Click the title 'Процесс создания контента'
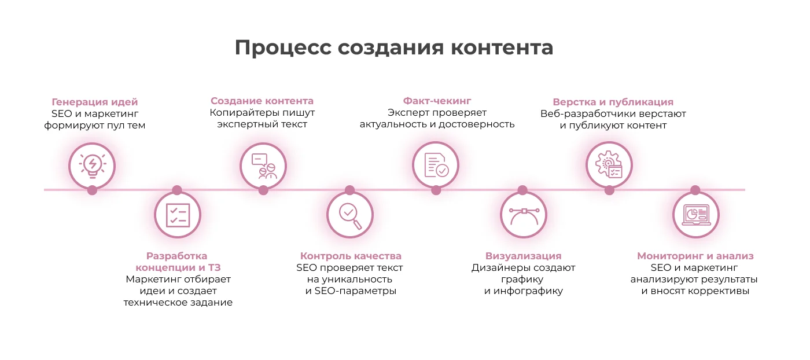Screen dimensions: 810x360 394,48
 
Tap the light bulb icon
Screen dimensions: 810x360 93,166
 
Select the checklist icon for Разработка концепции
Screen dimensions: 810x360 178,215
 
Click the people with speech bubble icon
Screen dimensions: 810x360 264,166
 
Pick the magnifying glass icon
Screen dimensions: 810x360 350,216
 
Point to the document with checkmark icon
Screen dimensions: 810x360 436,166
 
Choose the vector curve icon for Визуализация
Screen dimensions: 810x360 524,216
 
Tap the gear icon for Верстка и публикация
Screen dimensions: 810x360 609,164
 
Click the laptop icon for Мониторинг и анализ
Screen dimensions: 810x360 696,215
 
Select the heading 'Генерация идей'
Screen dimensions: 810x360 95,102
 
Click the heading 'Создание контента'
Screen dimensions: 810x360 262,101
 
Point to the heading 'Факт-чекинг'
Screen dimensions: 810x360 437,101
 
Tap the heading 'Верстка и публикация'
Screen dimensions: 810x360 613,102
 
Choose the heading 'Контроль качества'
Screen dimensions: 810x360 351,256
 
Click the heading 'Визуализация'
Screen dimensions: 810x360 523,256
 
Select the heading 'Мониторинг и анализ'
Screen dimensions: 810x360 695,256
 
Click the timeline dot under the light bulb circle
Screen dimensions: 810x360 92,190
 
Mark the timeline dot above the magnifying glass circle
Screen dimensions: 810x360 349,190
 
